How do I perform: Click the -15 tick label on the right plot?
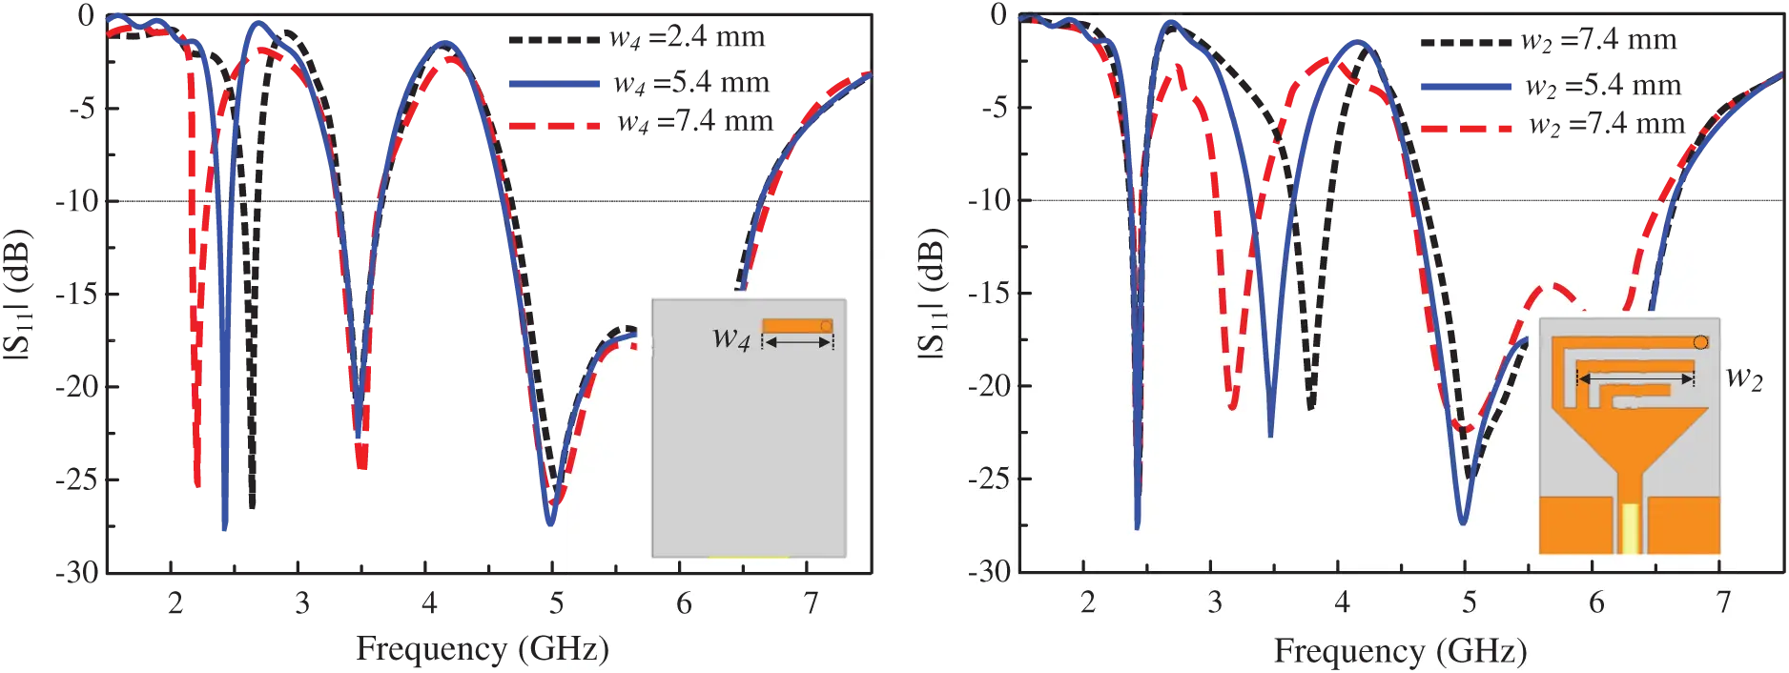(987, 294)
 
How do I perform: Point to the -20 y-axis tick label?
(987, 386)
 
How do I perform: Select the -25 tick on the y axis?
(987, 479)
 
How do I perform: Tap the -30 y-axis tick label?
(987, 572)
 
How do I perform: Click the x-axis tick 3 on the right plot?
(1214, 603)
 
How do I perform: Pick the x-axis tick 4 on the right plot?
(1342, 603)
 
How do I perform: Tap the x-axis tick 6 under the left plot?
(683, 603)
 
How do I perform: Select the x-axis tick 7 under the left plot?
(810, 603)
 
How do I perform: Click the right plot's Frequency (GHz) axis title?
(1400, 651)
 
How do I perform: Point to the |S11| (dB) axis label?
(931, 296)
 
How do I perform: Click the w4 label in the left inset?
(731, 337)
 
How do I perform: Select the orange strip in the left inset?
(796, 326)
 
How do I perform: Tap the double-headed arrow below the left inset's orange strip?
(797, 343)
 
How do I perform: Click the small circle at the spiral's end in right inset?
(1700, 341)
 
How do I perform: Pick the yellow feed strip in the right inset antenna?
(1631, 529)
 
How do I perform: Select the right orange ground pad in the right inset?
(1683, 524)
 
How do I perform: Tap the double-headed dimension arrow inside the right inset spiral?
(1635, 379)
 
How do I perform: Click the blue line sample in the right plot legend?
(1467, 86)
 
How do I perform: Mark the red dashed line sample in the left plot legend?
(553, 126)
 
